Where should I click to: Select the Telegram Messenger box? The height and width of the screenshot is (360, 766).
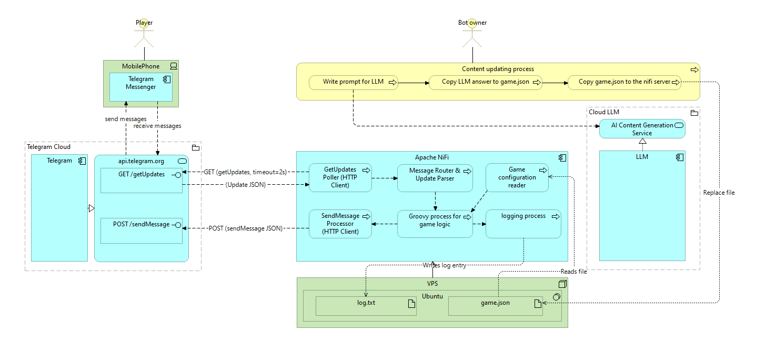pyautogui.click(x=141, y=87)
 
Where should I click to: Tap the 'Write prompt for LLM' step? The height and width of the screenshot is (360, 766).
pyautogui.click(x=353, y=82)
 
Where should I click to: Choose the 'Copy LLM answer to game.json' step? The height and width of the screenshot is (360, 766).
pyautogui.click(x=485, y=82)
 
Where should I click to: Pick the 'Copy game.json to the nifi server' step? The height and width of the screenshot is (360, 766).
pyautogui.click(x=624, y=82)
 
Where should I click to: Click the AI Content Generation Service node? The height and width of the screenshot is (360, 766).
pyautogui.click(x=642, y=129)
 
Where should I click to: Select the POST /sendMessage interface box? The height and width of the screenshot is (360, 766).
pyautogui.click(x=141, y=230)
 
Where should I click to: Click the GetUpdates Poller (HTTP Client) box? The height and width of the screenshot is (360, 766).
pyautogui.click(x=340, y=177)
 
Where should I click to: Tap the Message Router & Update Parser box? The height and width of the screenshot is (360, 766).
pyautogui.click(x=435, y=177)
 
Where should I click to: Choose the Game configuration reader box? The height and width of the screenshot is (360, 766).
pyautogui.click(x=517, y=177)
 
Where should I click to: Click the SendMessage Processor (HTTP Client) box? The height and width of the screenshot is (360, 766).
pyautogui.click(x=340, y=223)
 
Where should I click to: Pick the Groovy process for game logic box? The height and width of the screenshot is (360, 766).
pyautogui.click(x=435, y=223)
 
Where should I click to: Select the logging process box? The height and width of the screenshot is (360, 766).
pyautogui.click(x=523, y=223)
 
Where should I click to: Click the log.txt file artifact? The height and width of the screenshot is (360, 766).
pyautogui.click(x=366, y=306)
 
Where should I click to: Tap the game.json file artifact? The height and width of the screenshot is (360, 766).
pyautogui.click(x=495, y=306)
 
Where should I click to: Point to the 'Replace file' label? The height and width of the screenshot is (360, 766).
pyautogui.click(x=719, y=193)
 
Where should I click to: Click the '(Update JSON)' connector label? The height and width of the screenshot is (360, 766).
pyautogui.click(x=245, y=185)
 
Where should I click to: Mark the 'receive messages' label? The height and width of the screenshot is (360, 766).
pyautogui.click(x=157, y=126)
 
